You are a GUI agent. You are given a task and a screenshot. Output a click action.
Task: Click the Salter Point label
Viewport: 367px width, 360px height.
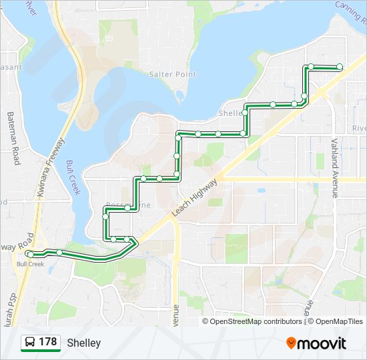click(x=173, y=75)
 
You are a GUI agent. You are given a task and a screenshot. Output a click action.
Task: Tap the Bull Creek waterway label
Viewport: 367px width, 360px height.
click(x=73, y=177)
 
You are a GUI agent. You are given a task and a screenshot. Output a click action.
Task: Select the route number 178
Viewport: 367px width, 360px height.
click(x=47, y=342)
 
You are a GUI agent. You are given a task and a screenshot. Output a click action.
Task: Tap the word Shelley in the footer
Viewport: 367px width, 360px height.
click(x=84, y=343)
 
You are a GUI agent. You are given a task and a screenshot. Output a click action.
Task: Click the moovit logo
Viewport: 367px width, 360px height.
click(x=317, y=343)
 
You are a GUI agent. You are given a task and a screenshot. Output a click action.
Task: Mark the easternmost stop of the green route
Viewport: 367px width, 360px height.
click(x=340, y=67)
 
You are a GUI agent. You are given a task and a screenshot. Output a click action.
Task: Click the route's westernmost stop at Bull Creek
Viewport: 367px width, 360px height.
click(x=31, y=255)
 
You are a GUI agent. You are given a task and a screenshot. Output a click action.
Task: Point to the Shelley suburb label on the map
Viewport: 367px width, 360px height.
click(x=230, y=113)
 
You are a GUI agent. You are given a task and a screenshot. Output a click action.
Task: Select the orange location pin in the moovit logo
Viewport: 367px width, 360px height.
click(x=291, y=343)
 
